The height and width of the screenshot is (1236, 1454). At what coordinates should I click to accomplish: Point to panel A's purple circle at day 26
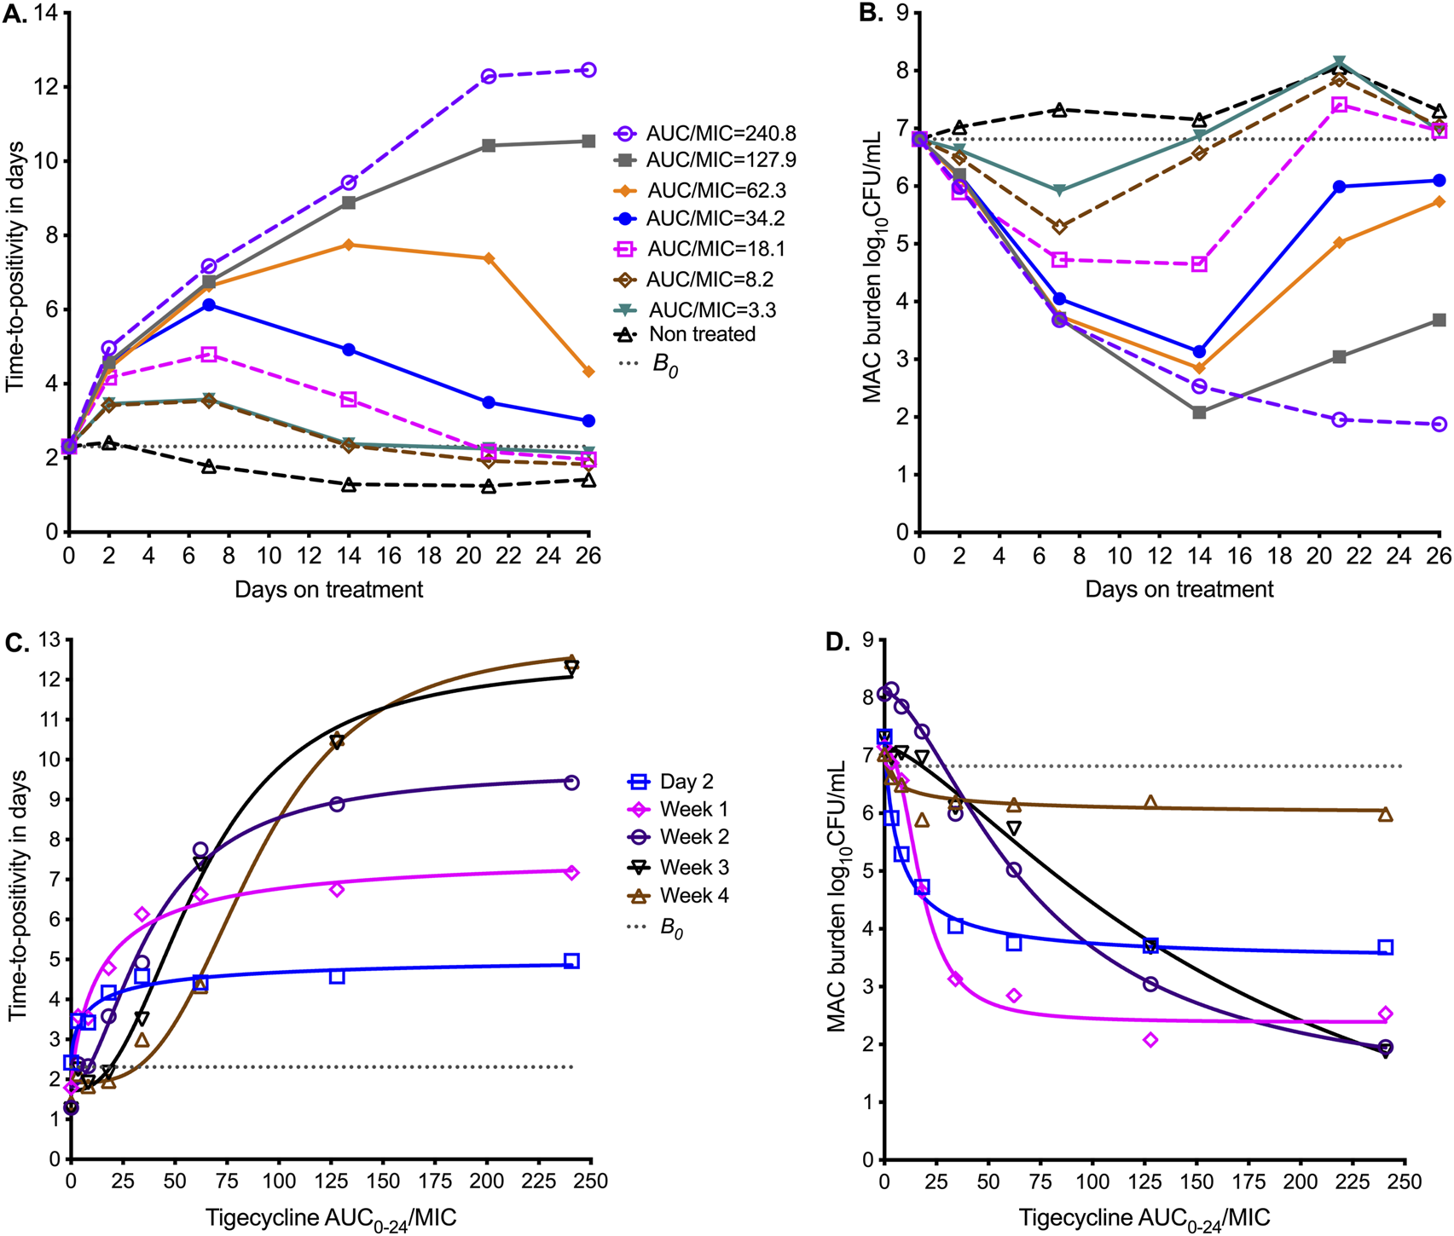click(x=588, y=70)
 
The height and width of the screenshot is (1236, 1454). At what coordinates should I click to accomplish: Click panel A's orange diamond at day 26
click(x=588, y=372)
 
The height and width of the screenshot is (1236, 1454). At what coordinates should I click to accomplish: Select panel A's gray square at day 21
click(x=489, y=146)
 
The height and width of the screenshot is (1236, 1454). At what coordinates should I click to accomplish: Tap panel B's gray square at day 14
click(x=1199, y=413)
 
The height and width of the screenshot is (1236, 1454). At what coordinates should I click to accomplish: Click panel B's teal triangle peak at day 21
click(x=1340, y=62)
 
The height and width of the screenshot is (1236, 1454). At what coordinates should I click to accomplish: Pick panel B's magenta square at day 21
click(x=1340, y=105)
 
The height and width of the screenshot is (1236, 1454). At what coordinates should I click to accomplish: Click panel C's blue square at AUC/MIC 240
click(x=571, y=962)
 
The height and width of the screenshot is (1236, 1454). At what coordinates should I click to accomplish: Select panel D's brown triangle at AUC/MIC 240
click(x=1386, y=815)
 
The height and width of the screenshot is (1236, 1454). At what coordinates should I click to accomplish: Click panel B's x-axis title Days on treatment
click(x=1179, y=589)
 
